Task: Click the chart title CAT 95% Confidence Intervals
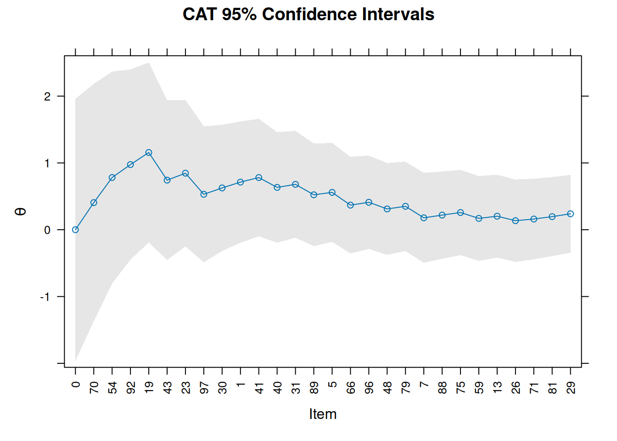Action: click(x=308, y=15)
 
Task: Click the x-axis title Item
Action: click(x=323, y=414)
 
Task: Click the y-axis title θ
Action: click(x=21, y=211)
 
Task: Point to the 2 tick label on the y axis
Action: click(x=47, y=96)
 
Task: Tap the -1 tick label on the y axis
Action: click(x=45, y=297)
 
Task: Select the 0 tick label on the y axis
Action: click(x=47, y=230)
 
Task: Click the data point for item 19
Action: click(x=149, y=153)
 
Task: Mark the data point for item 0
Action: click(x=75, y=230)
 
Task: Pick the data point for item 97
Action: click(x=204, y=194)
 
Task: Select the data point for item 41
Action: click(x=259, y=177)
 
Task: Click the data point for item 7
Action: click(x=424, y=218)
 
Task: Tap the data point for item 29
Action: click(x=571, y=214)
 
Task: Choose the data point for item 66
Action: click(x=350, y=205)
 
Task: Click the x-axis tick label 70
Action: click(x=94, y=388)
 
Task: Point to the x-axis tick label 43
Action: click(x=168, y=388)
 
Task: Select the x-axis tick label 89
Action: click(x=314, y=388)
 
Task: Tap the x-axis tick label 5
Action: click(x=332, y=384)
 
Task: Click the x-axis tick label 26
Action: click(x=516, y=388)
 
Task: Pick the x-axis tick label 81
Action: click(x=552, y=388)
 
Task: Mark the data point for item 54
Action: click(x=112, y=177)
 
